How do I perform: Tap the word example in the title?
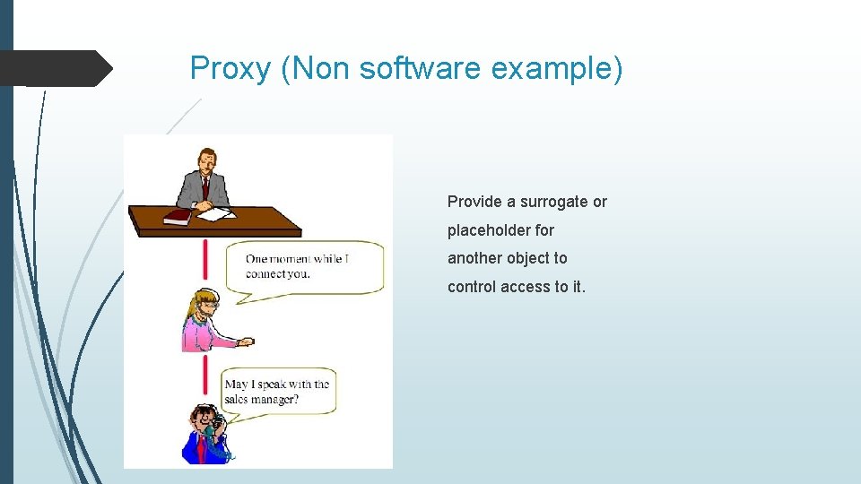(x=549, y=68)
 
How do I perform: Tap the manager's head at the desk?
(x=207, y=160)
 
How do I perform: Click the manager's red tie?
(x=205, y=187)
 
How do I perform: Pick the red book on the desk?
(x=178, y=216)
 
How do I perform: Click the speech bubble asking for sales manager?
(x=278, y=392)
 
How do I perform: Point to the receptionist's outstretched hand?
(x=245, y=341)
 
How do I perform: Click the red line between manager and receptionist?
(x=205, y=260)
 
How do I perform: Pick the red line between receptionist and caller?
(x=205, y=376)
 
